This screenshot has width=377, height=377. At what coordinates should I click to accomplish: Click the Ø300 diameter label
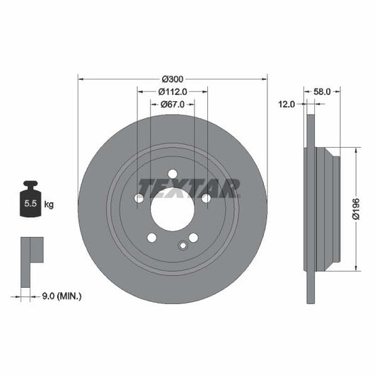(x=173, y=78)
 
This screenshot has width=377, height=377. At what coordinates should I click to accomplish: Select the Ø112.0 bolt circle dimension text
(x=172, y=91)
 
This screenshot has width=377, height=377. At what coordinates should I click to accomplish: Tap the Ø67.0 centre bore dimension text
(x=172, y=104)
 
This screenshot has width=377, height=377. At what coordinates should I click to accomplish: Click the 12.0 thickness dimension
(x=286, y=104)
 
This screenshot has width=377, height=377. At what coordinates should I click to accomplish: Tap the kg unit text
(x=50, y=205)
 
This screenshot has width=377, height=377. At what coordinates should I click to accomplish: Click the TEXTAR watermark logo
(x=189, y=187)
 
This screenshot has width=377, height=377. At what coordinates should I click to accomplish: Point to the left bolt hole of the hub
(x=139, y=199)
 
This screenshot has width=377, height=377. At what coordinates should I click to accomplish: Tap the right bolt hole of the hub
(x=205, y=199)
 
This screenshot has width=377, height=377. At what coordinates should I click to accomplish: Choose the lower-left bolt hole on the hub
(x=151, y=238)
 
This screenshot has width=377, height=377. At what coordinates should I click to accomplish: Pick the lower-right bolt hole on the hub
(x=193, y=238)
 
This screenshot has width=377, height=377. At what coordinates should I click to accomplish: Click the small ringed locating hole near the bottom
(x=182, y=245)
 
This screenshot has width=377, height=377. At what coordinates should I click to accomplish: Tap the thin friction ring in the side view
(x=308, y=208)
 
